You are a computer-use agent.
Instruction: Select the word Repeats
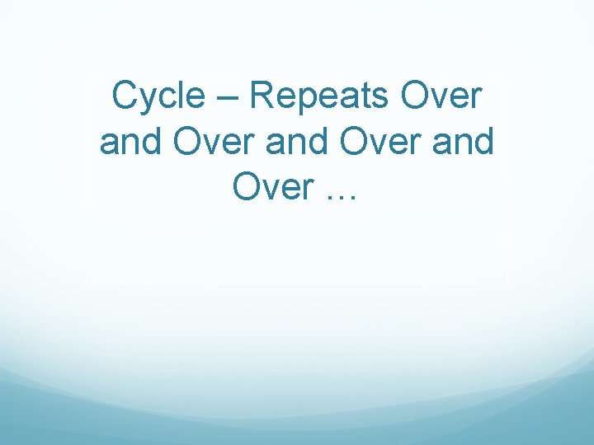tap(318, 97)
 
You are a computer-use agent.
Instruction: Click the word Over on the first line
tap(441, 96)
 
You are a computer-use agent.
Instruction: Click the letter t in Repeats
tap(363, 96)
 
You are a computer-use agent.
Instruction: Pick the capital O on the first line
tap(414, 96)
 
